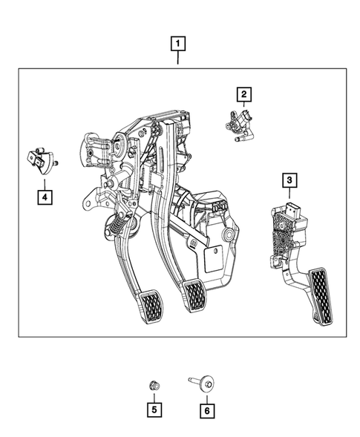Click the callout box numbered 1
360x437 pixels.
point(178,43)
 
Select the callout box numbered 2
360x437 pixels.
point(243,93)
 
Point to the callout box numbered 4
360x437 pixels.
point(45,197)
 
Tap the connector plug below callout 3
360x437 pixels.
point(292,209)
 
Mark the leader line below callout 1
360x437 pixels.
point(178,59)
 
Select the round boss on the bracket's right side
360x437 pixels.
point(229,235)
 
